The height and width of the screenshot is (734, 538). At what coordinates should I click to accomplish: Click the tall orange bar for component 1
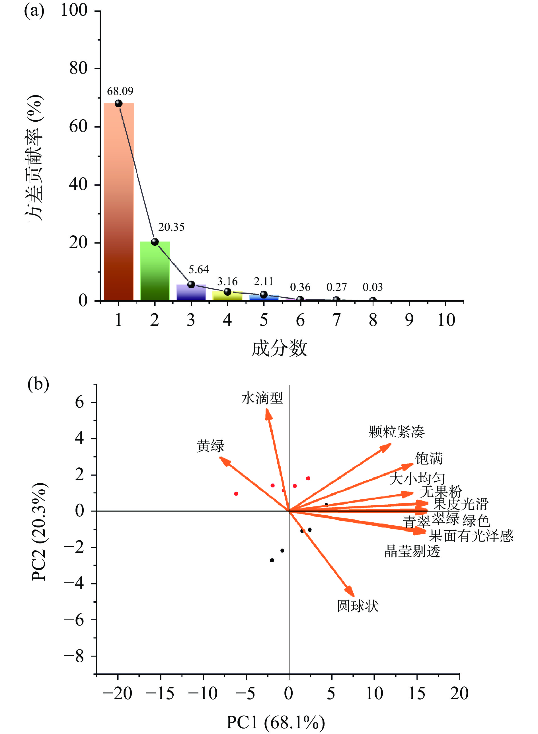pyautogui.click(x=118, y=202)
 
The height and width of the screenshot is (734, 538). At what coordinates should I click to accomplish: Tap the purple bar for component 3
pyautogui.click(x=191, y=293)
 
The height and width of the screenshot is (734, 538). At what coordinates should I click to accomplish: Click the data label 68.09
pyautogui.click(x=120, y=91)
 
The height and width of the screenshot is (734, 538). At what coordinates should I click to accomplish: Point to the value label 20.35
pyautogui.click(x=171, y=227)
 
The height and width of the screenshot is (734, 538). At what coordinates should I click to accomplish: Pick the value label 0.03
pyautogui.click(x=373, y=287)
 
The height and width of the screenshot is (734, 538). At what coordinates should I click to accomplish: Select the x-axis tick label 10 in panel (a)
pyautogui.click(x=446, y=320)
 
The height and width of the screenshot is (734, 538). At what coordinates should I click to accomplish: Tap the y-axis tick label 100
pyautogui.click(x=74, y=11)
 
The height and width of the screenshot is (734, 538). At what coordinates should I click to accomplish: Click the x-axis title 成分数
pyautogui.click(x=279, y=348)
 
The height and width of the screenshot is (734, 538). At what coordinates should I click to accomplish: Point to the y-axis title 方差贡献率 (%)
pyautogui.click(x=34, y=158)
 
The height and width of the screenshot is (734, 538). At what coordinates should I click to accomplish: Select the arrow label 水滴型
pyautogui.click(x=262, y=398)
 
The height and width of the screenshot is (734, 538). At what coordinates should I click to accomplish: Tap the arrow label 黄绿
pyautogui.click(x=211, y=446)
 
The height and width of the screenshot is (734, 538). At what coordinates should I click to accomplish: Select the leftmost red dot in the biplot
pyautogui.click(x=236, y=494)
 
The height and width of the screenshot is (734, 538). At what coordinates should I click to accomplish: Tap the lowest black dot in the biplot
pyautogui.click(x=272, y=560)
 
